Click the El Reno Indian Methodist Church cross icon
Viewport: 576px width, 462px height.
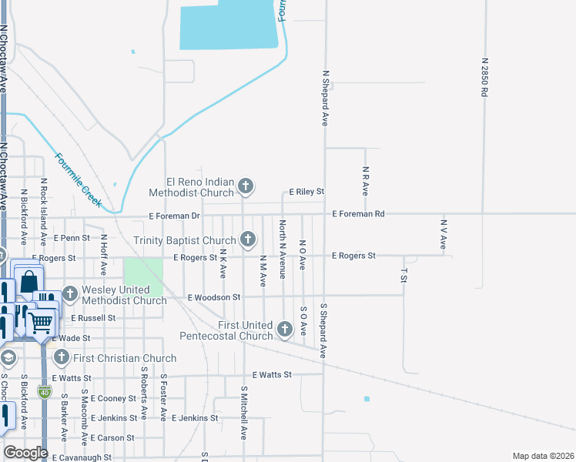click(x=246, y=186)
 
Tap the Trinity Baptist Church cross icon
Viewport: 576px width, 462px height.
click(x=248, y=239)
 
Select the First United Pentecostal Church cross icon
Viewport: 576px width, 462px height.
click(x=285, y=330)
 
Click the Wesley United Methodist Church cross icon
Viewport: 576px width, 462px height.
click(x=70, y=293)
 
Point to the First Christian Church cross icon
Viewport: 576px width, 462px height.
click(x=61, y=358)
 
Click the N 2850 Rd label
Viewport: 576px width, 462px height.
click(x=484, y=76)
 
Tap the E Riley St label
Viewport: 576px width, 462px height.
click(x=306, y=191)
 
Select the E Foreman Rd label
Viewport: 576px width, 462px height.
click(x=358, y=214)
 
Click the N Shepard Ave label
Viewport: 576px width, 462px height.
click(x=326, y=98)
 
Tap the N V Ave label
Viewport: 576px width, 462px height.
click(x=444, y=234)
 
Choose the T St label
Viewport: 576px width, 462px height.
click(x=404, y=274)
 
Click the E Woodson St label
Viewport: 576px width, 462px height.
click(x=214, y=296)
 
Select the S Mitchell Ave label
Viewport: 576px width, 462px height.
click(x=243, y=413)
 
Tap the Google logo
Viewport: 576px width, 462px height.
click(x=25, y=453)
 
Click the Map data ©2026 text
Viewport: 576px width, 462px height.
click(x=543, y=456)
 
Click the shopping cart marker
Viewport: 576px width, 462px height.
click(x=42, y=322)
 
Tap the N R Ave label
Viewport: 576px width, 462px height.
click(x=365, y=179)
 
